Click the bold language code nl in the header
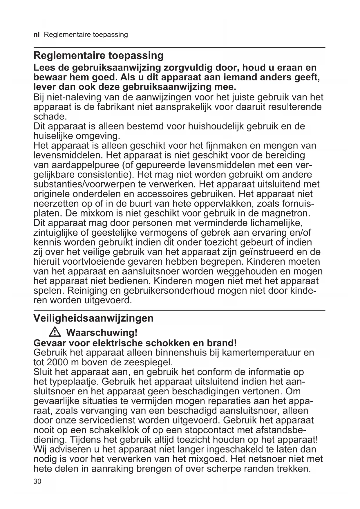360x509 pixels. [x=36, y=35]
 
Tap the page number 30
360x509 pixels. [x=37, y=481]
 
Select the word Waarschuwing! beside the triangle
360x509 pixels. [x=102, y=332]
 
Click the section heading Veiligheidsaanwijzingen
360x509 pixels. [x=93, y=318]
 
